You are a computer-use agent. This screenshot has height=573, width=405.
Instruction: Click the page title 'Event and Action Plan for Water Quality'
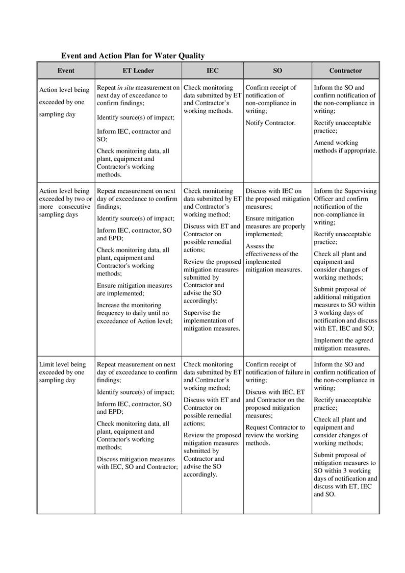(133, 56)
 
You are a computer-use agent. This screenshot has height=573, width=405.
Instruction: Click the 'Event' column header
(66, 71)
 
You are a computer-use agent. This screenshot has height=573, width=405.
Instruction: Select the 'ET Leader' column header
(138, 71)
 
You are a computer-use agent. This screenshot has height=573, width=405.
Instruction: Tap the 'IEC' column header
(212, 71)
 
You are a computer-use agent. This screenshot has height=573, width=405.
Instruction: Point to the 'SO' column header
(277, 71)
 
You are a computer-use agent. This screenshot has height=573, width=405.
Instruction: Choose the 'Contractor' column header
(345, 71)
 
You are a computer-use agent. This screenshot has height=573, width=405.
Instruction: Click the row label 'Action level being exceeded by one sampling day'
(64, 102)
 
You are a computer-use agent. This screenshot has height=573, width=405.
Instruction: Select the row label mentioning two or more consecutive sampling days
(65, 203)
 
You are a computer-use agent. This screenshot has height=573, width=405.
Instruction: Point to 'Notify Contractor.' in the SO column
(270, 123)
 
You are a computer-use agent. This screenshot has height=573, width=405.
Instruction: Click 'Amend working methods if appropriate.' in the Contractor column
(345, 146)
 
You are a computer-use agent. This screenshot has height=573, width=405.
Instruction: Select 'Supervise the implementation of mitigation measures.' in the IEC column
(212, 320)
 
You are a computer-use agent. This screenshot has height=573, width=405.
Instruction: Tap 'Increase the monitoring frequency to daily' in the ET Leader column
(134, 313)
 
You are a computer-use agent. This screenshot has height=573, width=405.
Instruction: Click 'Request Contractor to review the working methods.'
(275, 435)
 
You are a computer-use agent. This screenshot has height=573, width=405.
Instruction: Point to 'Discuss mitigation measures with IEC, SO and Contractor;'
(137, 463)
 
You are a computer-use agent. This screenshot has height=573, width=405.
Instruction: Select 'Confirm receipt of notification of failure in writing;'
(277, 372)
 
